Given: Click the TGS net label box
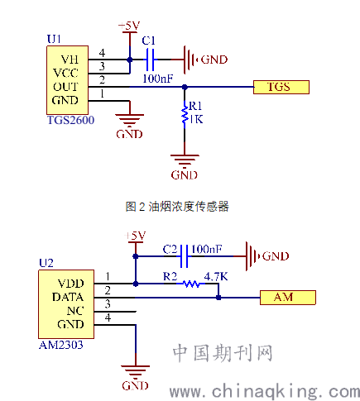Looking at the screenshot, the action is [x=281, y=87].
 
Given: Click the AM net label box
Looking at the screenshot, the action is [x=288, y=298].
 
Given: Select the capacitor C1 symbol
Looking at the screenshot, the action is [x=151, y=60].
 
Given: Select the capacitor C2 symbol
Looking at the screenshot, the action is [x=184, y=256].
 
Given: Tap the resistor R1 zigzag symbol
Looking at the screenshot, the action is [x=185, y=115].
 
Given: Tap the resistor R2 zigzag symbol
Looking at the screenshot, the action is [x=191, y=284].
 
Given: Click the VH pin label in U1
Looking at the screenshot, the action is [x=70, y=60].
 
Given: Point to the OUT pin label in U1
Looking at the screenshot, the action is [x=65, y=87].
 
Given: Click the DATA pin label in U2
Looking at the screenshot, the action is [x=68, y=297].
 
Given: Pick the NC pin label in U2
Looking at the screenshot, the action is [x=75, y=311].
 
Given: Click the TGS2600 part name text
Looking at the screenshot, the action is [x=71, y=120].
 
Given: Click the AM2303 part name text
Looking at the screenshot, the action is [x=61, y=345].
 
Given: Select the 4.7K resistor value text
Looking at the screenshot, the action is [x=216, y=276].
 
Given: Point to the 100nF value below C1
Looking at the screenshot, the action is [x=158, y=79].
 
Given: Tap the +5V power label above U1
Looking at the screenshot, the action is [x=129, y=26].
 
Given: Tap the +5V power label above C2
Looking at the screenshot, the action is [x=135, y=236].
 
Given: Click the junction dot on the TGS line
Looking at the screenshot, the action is [x=185, y=87].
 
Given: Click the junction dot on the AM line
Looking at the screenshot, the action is [x=218, y=298].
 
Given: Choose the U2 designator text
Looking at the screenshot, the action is [x=46, y=263].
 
